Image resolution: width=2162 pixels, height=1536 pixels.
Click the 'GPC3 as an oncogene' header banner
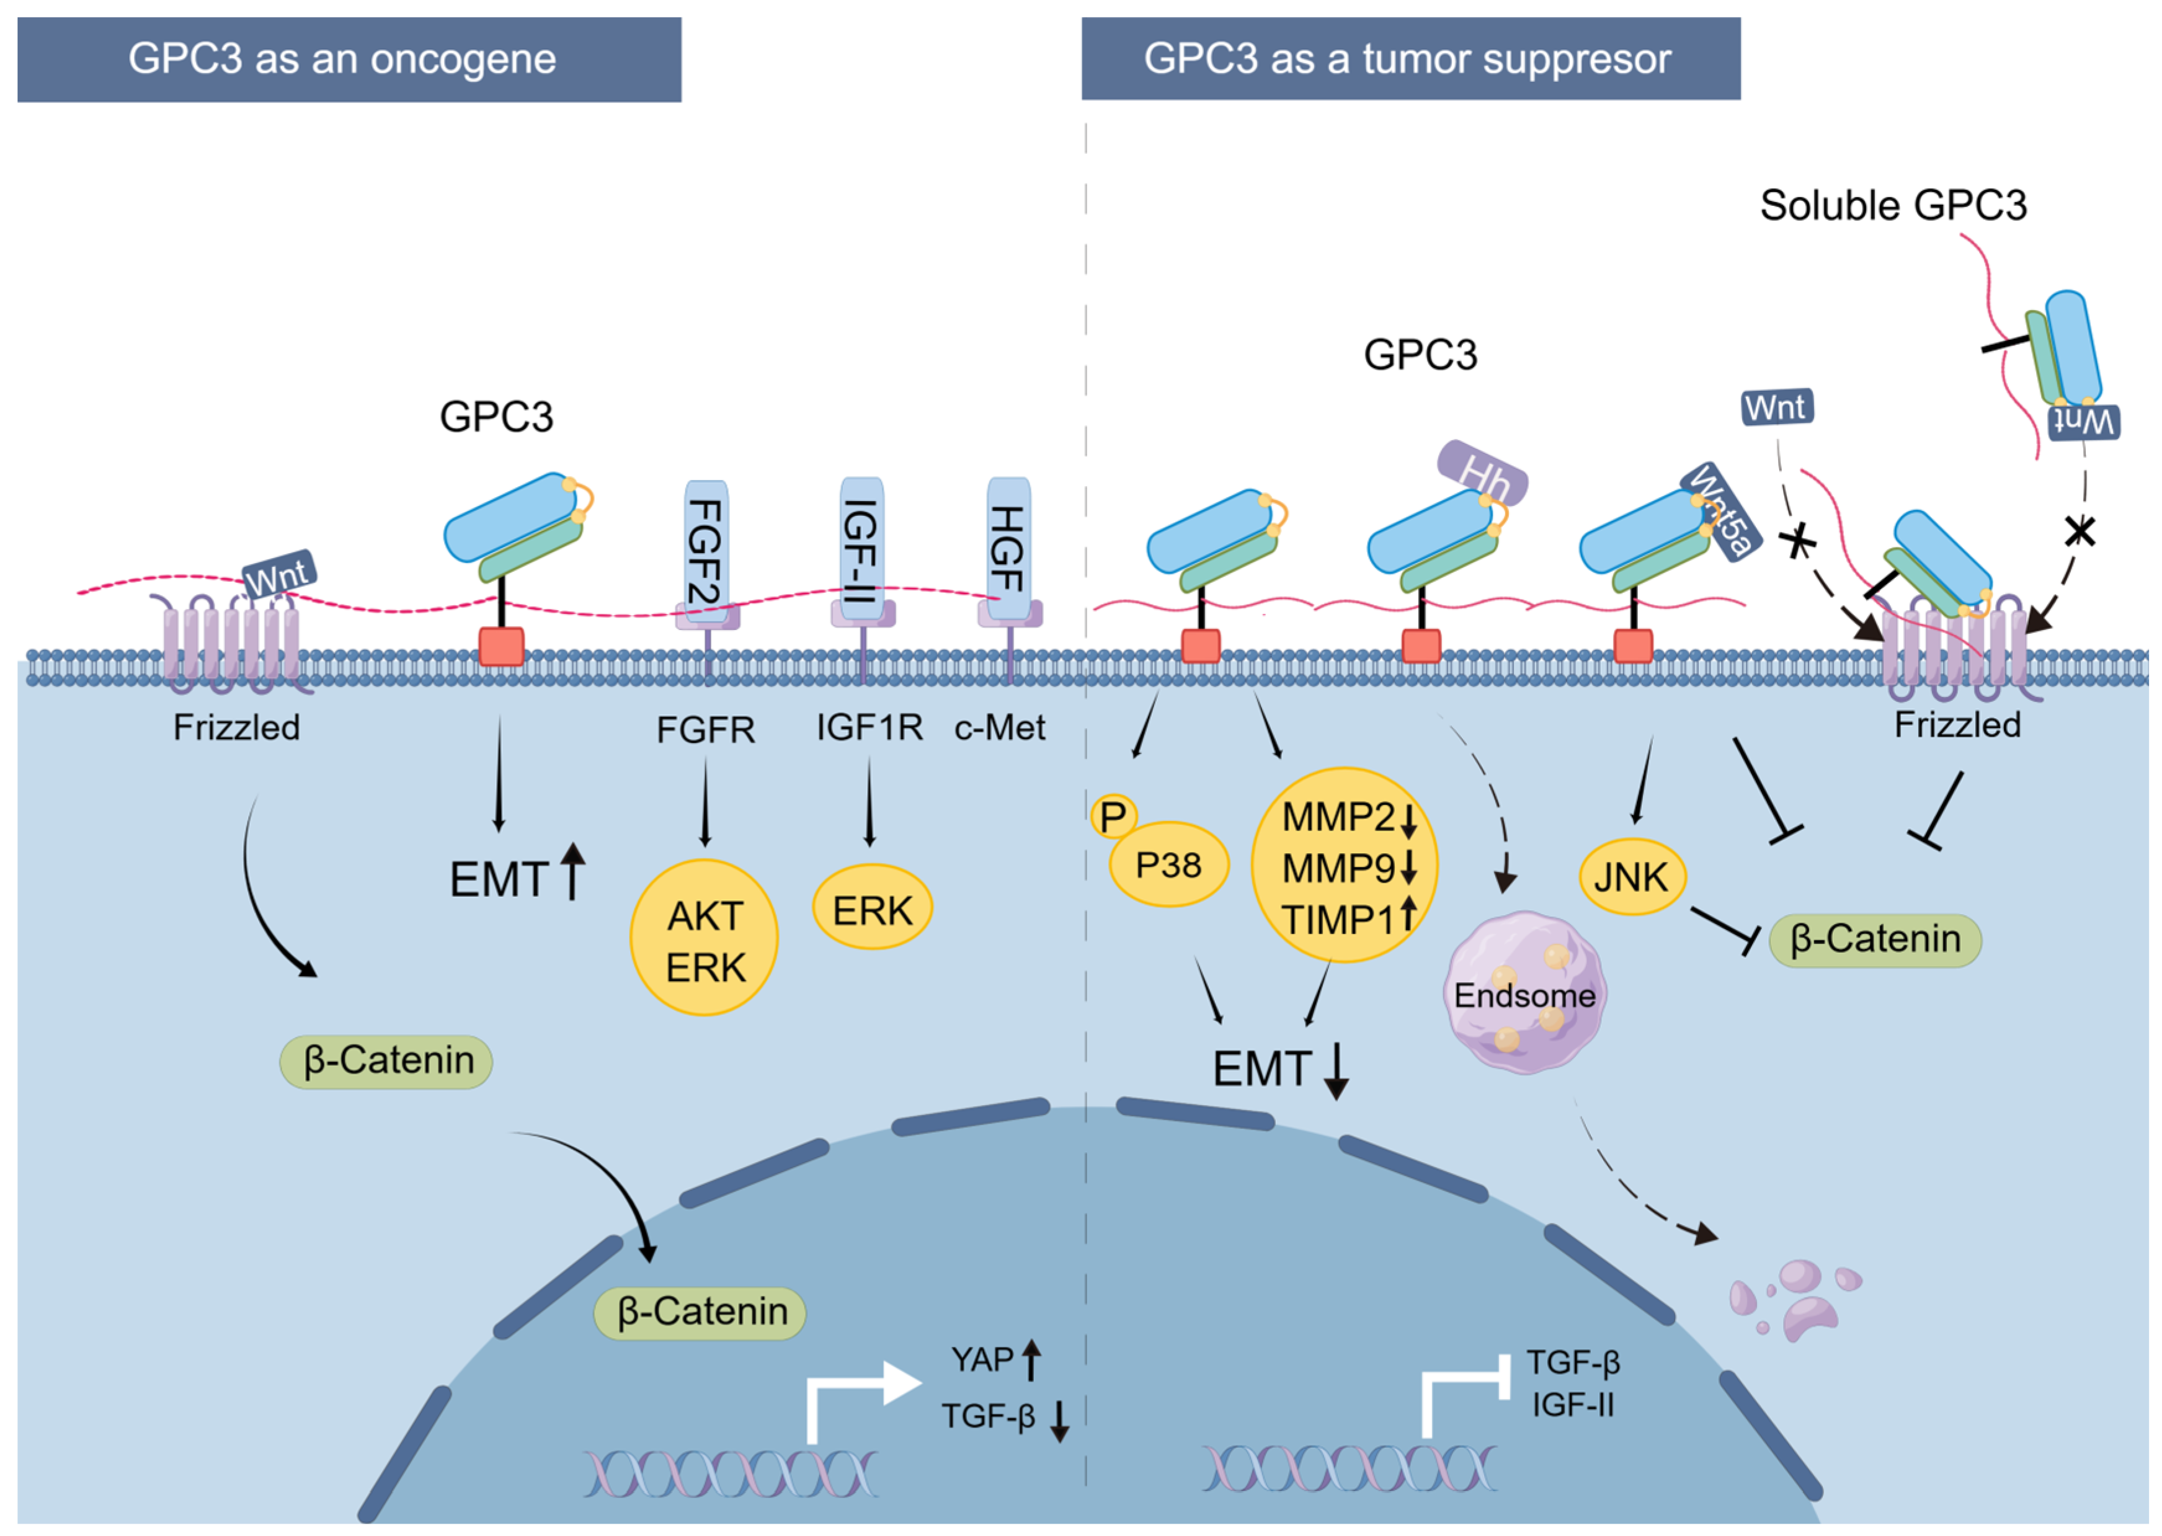coord(349,60)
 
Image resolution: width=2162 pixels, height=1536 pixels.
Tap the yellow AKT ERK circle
coord(705,938)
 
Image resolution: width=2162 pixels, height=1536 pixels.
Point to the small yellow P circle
coord(1113,816)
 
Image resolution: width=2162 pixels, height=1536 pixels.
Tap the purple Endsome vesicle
coord(1524,993)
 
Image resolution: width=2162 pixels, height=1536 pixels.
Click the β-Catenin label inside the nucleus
coord(700,1313)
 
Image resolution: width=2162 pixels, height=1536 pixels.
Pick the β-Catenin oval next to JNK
coord(1874,939)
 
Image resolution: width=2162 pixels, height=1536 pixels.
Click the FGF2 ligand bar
coord(706,551)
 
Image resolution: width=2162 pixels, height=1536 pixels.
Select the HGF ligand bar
coord(1008,549)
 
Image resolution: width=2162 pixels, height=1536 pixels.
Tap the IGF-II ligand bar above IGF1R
coord(861,549)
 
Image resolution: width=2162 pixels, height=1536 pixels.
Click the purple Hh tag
coord(1481,473)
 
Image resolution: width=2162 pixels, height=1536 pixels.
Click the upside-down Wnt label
coord(2083,422)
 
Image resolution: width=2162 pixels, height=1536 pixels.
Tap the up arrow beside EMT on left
coord(573,871)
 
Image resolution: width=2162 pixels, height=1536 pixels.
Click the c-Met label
coord(1000,728)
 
